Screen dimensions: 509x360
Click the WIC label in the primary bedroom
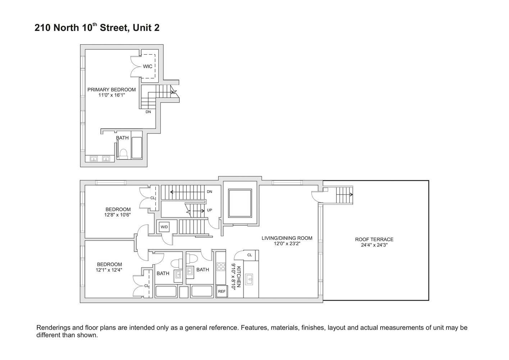click(147, 67)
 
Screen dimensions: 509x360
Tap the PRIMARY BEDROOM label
click(112, 90)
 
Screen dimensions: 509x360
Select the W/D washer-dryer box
click(164, 227)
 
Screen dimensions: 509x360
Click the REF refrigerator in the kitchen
click(222, 292)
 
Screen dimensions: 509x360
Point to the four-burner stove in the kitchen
click(221, 267)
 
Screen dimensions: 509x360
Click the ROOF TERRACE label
click(374, 239)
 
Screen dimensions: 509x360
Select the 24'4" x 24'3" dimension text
click(374, 245)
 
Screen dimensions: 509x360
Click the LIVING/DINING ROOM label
click(287, 238)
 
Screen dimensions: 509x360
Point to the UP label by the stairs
click(209, 211)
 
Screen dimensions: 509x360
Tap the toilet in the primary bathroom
click(123, 154)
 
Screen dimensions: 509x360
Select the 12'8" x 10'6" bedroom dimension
click(118, 215)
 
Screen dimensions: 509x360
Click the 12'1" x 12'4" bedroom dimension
click(109, 270)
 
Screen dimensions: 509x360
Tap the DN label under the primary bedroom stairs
click(148, 112)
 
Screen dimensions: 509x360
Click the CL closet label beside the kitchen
click(250, 255)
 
